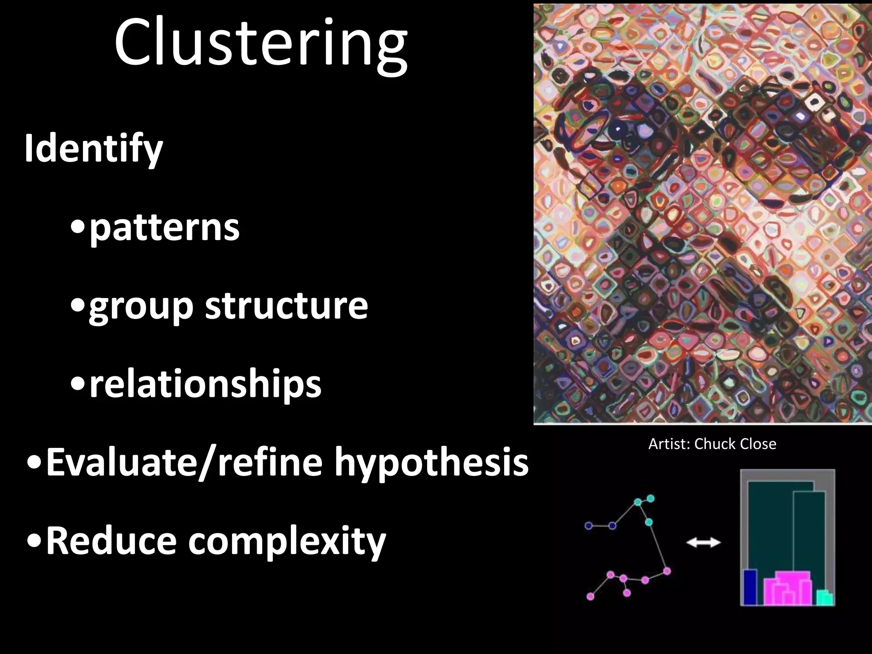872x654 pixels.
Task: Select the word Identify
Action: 94,149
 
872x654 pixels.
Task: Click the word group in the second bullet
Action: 141,307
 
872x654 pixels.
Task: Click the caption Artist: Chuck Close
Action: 712,444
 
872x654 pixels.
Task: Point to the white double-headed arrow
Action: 703,542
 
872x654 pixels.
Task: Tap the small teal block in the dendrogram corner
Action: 825,598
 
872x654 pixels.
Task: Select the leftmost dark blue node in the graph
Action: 588,526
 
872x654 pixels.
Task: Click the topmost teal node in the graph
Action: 650,498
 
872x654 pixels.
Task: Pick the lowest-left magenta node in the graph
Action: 590,597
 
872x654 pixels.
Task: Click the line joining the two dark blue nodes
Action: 600,526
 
